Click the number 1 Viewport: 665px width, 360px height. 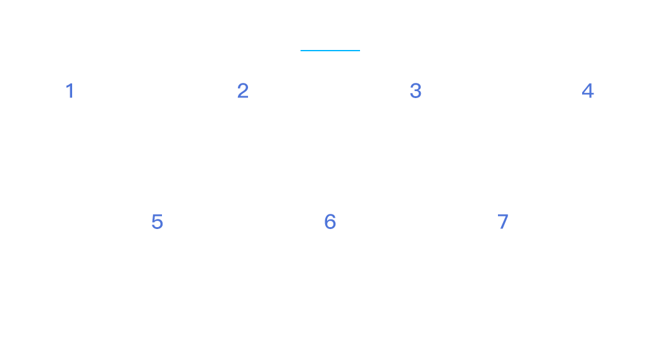(x=70, y=90)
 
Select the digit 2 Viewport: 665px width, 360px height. (x=243, y=90)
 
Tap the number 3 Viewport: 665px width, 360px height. (x=416, y=90)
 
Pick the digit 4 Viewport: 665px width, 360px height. (x=588, y=90)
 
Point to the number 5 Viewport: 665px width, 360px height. (x=158, y=222)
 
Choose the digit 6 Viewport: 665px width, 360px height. (x=330, y=222)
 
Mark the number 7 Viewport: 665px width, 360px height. (x=503, y=222)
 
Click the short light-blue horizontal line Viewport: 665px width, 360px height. (x=330, y=51)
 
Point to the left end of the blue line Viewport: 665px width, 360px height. (x=301, y=51)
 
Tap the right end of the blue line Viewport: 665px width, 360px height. (x=359, y=51)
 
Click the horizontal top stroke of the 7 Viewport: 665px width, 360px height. (x=503, y=215)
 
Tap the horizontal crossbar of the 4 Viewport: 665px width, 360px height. (x=588, y=94)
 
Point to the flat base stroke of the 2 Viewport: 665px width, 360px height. (x=243, y=97)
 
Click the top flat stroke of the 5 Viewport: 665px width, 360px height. (x=158, y=215)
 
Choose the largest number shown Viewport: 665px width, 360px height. (x=503, y=222)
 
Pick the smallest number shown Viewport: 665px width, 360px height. (x=70, y=90)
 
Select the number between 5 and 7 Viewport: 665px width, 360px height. (x=330, y=222)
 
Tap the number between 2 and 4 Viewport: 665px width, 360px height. (x=416, y=90)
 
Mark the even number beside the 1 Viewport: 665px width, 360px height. (x=243, y=90)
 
